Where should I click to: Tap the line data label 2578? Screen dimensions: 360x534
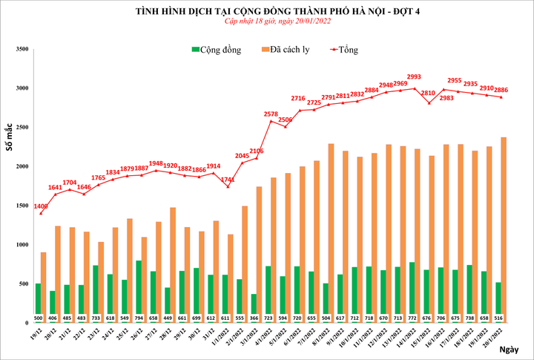click(271, 114)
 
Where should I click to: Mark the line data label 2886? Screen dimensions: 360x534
click(506, 88)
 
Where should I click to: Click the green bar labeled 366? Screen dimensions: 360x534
click(254, 304)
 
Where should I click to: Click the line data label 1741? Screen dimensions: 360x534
click(228, 180)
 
